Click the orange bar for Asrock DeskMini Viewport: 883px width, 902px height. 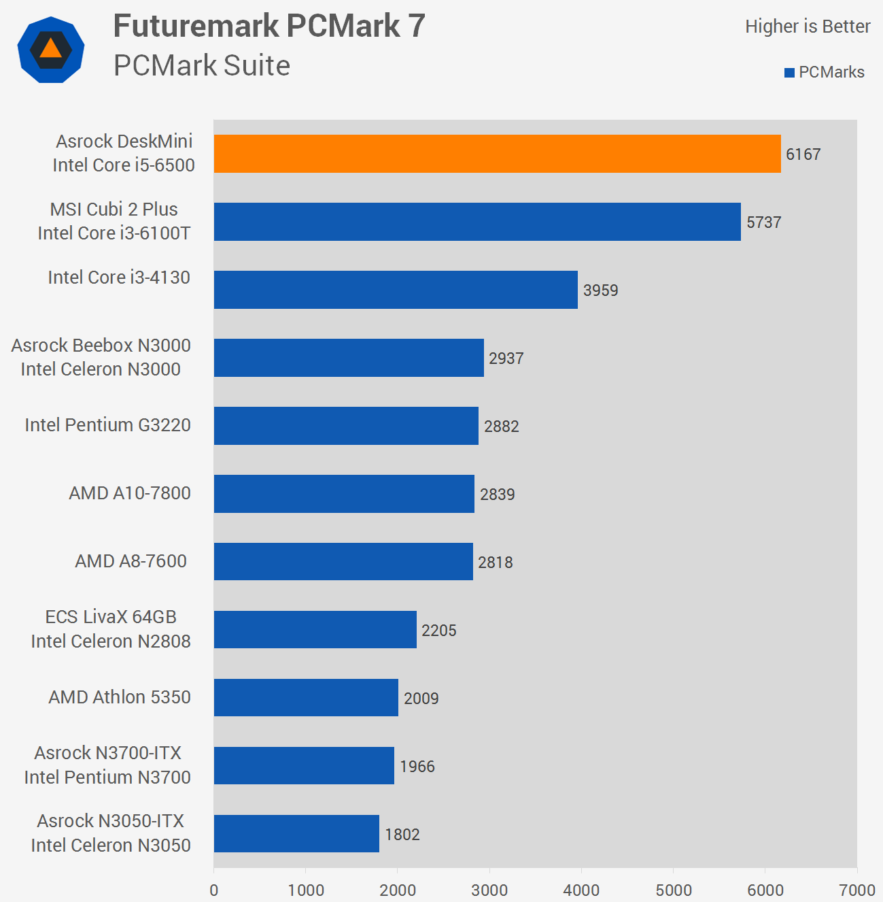[497, 154]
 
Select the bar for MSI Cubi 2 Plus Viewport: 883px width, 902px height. [477, 222]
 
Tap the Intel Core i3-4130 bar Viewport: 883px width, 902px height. [396, 290]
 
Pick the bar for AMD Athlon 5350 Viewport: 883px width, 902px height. [306, 698]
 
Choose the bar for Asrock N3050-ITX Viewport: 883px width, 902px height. [296, 834]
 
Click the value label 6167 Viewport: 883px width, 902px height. [803, 154]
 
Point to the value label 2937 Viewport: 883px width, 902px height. [506, 358]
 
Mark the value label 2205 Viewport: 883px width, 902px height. [438, 631]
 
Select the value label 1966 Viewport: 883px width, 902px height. [417, 767]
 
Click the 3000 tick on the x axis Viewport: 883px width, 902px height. [489, 890]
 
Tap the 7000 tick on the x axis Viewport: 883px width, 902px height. [856, 890]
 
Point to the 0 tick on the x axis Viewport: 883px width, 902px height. [214, 890]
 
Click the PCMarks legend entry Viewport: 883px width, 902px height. [825, 72]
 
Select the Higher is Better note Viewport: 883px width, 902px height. [808, 27]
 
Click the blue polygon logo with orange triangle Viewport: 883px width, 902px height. [51, 50]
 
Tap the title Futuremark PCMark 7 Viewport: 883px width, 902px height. [269, 27]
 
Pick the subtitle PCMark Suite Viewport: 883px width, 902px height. [202, 65]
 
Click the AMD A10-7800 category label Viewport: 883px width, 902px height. [129, 493]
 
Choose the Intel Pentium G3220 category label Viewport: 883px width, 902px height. [107, 425]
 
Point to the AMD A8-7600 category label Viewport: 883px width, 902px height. [131, 561]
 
